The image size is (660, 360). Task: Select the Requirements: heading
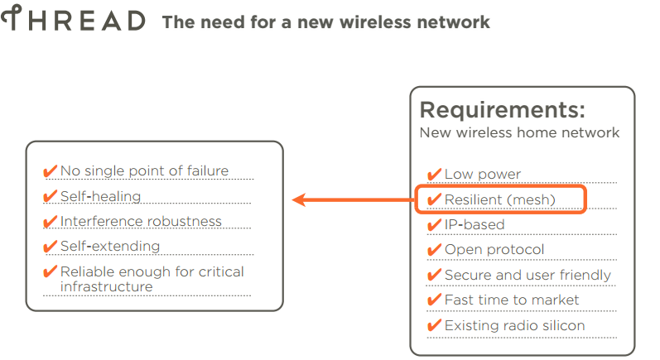502,110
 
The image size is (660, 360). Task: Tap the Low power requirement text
483,174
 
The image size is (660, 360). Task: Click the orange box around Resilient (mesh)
502,199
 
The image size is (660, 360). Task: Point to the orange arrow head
300,199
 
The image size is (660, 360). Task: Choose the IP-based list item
475,224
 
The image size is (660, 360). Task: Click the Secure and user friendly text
528,275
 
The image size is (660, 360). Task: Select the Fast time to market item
512,300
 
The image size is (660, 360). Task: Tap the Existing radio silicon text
514,325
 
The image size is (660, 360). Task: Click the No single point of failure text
144,171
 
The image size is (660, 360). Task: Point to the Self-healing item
100,196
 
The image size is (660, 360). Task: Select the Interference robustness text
141,221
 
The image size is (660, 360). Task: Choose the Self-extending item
110,246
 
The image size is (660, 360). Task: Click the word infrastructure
106,286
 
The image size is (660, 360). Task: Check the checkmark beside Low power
434,174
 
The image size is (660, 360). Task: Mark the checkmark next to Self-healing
50,196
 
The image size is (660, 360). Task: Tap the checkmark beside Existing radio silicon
434,325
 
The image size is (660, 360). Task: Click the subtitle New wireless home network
519,132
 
